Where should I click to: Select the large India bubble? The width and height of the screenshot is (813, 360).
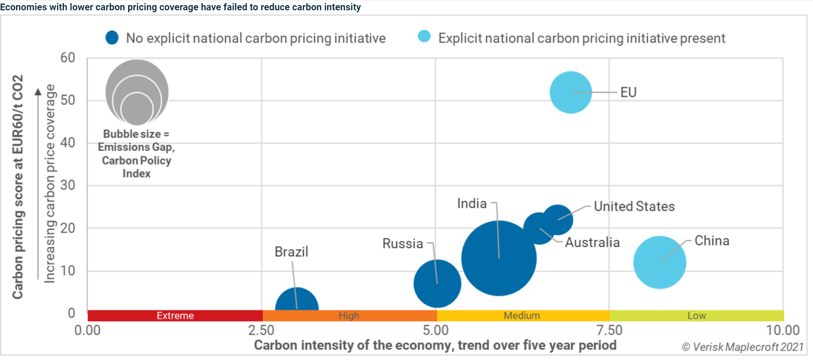498,258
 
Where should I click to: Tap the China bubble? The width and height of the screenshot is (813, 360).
659,262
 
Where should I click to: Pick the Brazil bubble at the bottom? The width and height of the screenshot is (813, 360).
297,301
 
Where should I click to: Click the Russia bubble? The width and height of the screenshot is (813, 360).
437,283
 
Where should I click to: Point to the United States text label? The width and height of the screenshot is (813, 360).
634,206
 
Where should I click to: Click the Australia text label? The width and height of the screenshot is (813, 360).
592,242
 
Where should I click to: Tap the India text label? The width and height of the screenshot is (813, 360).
472,203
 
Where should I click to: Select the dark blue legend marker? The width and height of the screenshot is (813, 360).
112,38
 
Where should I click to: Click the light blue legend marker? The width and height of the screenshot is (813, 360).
424,36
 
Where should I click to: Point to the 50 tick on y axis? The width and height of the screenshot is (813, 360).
68,100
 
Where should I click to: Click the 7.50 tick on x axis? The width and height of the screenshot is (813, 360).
609,330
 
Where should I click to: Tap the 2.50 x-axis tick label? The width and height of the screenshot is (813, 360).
261,330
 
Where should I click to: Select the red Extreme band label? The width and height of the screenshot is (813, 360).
175,316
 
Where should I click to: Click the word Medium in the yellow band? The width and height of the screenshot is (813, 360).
521,316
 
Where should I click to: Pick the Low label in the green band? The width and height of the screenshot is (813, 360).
696,316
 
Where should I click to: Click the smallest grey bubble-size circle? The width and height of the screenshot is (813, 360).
137,109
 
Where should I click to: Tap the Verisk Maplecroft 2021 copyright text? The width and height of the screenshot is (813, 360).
742,347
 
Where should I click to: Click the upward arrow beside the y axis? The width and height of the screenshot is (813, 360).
38,92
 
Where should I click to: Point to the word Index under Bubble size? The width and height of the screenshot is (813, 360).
136,174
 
